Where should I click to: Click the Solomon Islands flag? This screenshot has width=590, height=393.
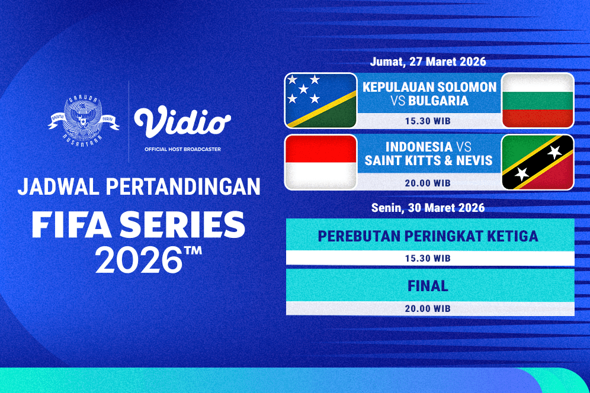point(320,100)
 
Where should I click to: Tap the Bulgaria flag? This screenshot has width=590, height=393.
point(537,100)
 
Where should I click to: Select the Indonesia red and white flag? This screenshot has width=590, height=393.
point(320,162)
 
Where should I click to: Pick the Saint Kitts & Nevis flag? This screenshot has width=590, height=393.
point(537,162)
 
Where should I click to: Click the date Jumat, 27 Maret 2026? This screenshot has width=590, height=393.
point(428,62)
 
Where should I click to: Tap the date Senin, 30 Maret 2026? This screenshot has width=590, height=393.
point(428,208)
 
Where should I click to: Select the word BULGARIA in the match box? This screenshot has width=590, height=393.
point(438,101)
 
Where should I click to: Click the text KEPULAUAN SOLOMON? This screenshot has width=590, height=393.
point(429,87)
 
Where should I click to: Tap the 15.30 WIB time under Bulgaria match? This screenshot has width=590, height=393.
point(429,121)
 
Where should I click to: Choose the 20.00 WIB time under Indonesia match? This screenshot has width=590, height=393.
point(429,183)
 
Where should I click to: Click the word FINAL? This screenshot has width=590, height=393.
point(428,286)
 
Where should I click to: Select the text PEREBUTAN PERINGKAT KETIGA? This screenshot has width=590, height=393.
point(428,236)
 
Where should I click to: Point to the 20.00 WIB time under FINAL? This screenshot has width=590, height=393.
point(429,309)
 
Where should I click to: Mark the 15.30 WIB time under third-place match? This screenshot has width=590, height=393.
point(429,259)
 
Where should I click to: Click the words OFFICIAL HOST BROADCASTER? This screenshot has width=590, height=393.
point(182,149)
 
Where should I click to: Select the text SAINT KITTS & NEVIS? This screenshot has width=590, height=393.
point(428,160)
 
